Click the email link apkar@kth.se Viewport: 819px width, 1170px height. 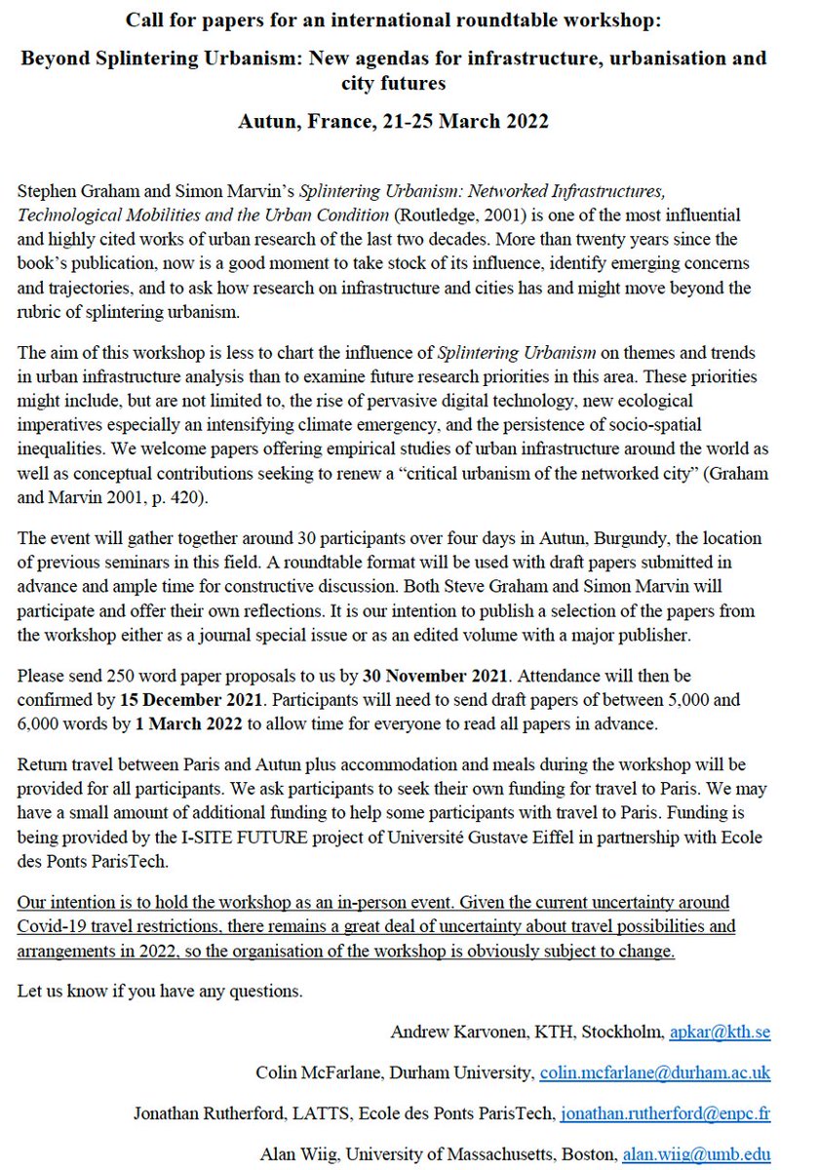tap(719, 1032)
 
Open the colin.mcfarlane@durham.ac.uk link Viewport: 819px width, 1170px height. tap(654, 1072)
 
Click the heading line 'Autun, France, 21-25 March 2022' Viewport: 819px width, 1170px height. tap(394, 122)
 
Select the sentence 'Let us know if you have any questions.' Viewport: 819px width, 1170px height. tap(160, 993)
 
